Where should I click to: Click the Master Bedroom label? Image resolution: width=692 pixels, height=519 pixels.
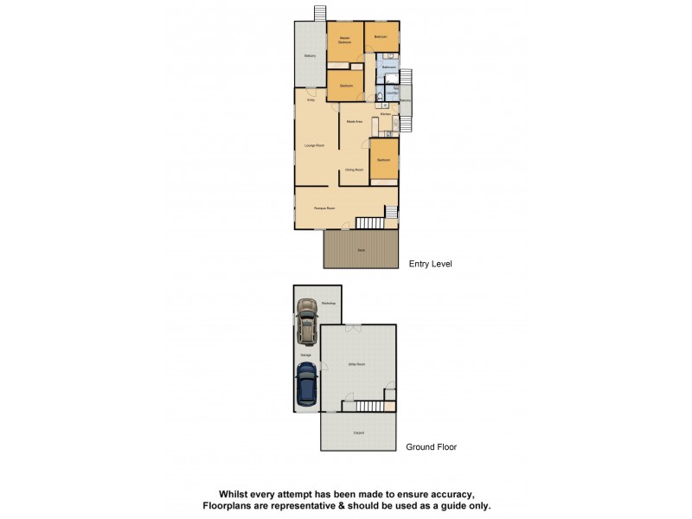point(344,40)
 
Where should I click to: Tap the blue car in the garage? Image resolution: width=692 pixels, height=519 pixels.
point(306,383)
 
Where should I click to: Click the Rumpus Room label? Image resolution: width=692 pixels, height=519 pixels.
point(324,208)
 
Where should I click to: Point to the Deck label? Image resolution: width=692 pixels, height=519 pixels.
point(360,250)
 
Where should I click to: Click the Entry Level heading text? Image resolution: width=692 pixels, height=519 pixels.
point(430,263)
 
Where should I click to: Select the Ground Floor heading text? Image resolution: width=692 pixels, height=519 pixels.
point(431,447)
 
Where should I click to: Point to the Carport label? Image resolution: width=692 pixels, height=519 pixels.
point(358,432)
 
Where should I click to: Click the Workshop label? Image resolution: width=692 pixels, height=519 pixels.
point(328,303)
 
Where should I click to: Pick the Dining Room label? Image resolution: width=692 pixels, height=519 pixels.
point(354,170)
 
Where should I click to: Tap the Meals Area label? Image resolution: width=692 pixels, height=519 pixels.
point(354,122)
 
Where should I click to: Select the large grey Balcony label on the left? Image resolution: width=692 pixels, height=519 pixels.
point(309,56)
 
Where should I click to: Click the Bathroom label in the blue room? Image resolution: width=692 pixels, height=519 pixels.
point(389,67)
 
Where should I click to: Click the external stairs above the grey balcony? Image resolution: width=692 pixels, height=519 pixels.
point(320,12)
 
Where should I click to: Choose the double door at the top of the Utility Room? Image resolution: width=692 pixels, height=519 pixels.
point(352,326)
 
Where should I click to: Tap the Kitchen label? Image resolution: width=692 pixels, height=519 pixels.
point(387,114)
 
